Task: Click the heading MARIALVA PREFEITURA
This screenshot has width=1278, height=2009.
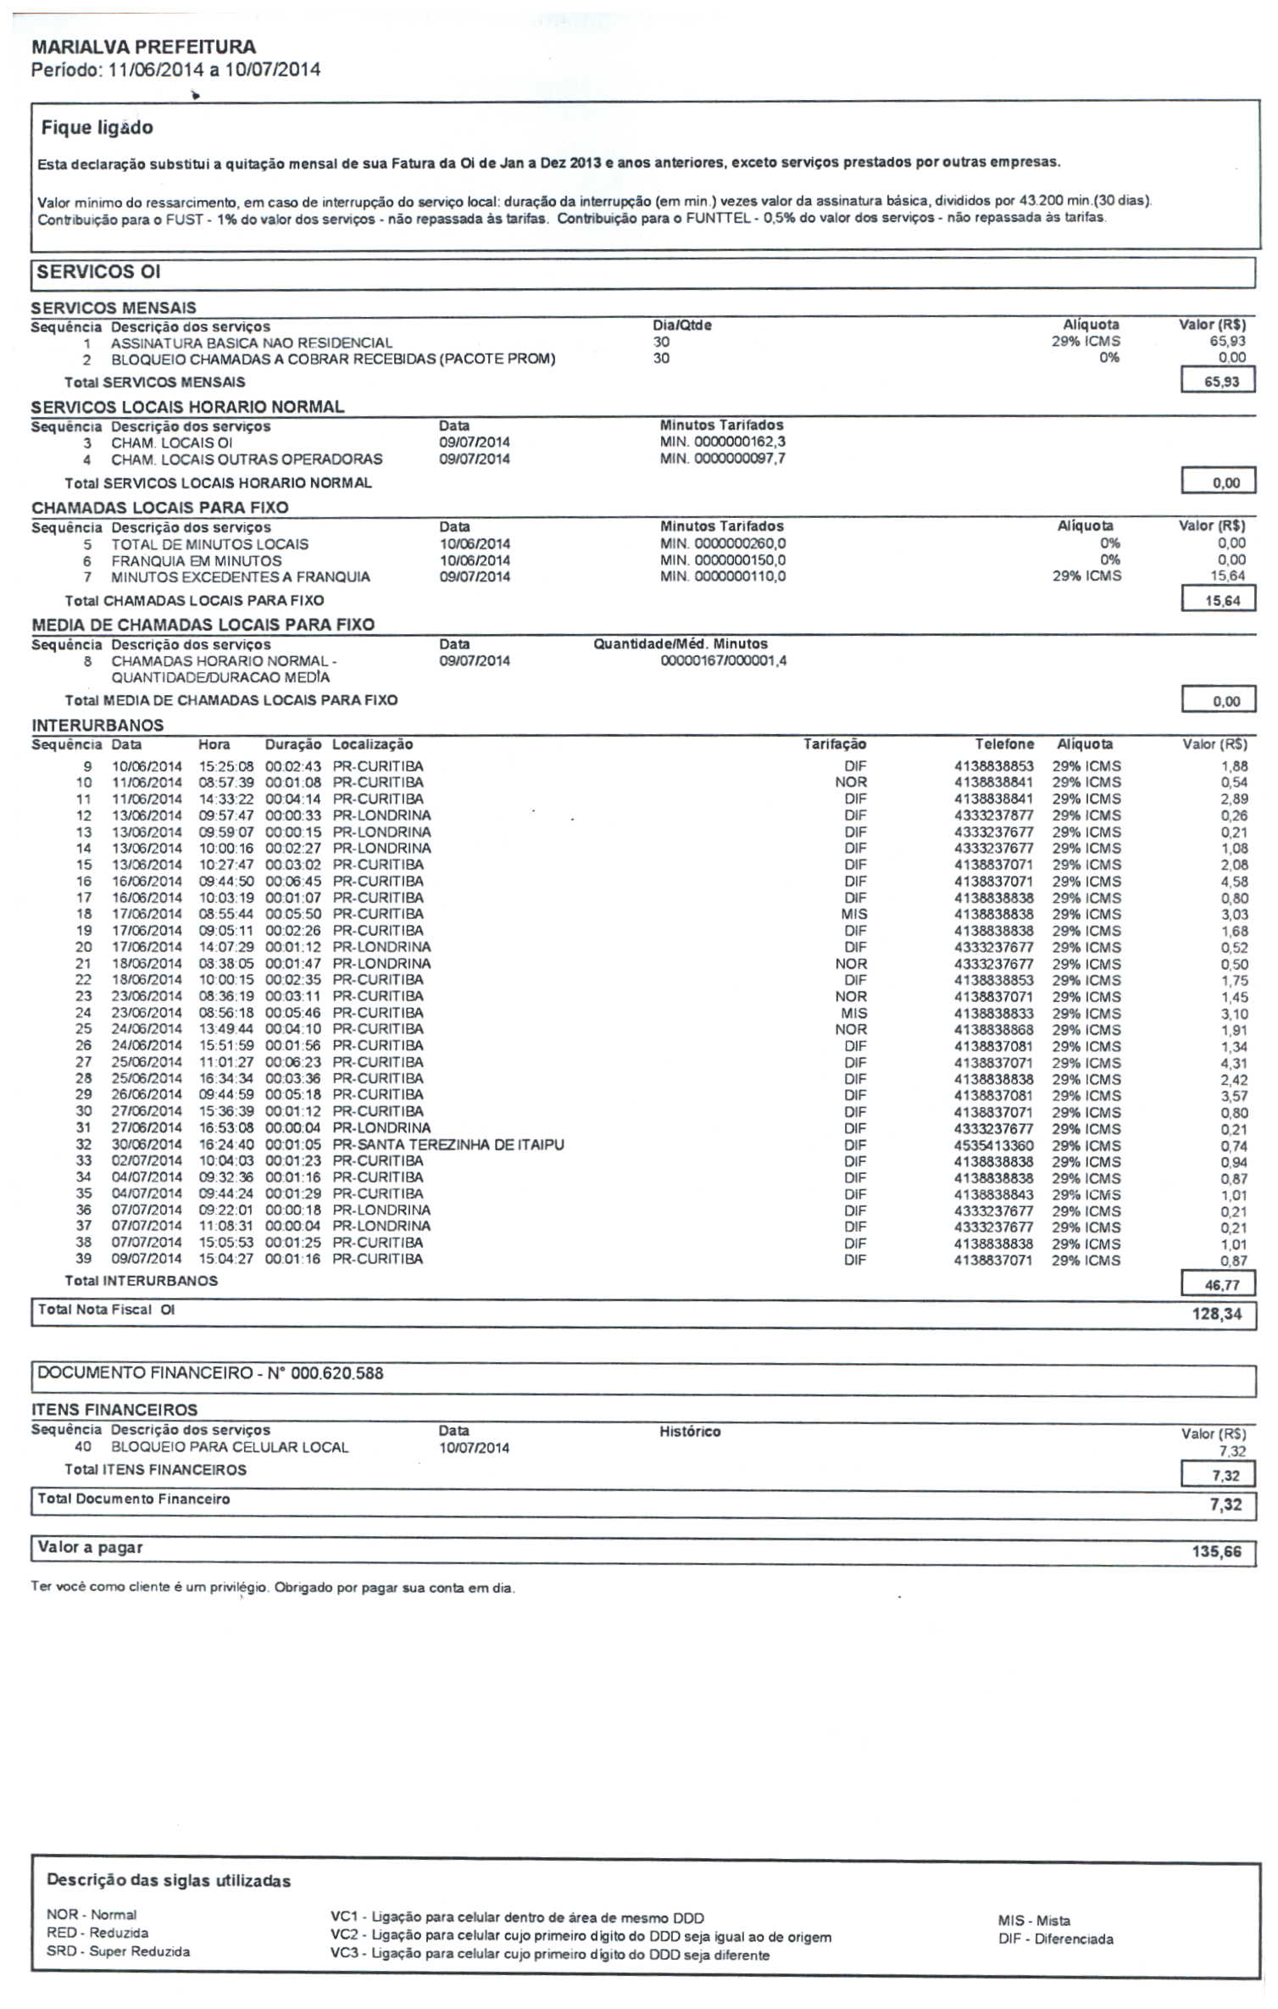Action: point(143,47)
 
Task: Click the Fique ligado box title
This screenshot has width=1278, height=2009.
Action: point(97,128)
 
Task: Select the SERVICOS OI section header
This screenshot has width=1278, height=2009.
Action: point(98,272)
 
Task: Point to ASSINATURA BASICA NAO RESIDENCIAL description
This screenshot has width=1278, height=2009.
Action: point(252,343)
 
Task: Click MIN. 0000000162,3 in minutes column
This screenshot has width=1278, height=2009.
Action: point(722,442)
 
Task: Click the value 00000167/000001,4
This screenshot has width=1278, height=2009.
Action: point(723,660)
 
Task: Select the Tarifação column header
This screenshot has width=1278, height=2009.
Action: point(834,744)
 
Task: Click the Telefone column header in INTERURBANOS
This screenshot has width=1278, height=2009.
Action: point(1004,744)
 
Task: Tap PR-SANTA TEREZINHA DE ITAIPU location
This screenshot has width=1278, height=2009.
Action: point(447,1144)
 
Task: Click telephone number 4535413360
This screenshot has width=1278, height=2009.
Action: point(993,1145)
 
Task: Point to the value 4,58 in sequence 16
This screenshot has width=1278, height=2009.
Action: point(1234,882)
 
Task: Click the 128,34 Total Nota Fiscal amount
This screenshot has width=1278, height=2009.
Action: point(1216,1314)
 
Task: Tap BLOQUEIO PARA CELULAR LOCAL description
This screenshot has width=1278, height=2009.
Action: point(230,1447)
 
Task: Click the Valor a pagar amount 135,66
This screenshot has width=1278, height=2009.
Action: point(1216,1552)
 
